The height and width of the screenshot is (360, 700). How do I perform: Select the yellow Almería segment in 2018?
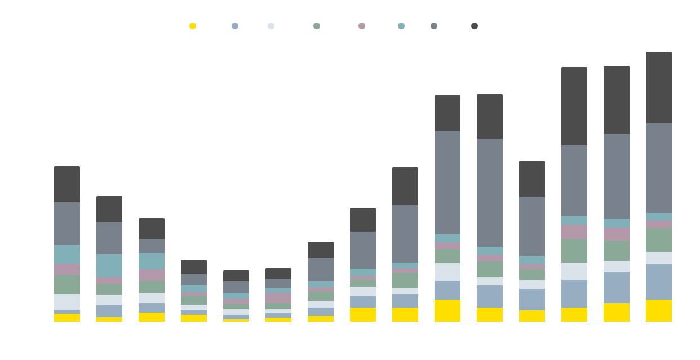point(448,310)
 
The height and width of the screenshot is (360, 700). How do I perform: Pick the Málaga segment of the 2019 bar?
point(490,192)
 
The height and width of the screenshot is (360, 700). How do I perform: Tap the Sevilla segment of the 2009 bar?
point(67,184)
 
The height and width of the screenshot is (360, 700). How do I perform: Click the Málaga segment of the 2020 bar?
point(532,226)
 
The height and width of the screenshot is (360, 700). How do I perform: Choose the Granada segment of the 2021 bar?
point(574,250)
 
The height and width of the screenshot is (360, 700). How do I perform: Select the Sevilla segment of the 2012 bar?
point(194,267)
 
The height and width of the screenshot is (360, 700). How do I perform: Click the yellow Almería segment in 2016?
point(363,314)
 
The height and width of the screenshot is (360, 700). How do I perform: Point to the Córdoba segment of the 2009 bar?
point(67,302)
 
